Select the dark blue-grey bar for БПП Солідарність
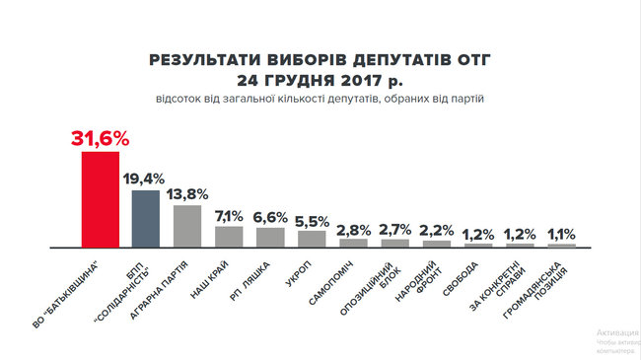pyautogui.click(x=146, y=217)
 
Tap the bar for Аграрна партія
pyautogui.click(x=187, y=225)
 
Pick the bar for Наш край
pyautogui.click(x=229, y=236)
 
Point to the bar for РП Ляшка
pyautogui.click(x=270, y=237)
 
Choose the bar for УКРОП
pyautogui.click(x=312, y=238)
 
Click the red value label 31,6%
pyautogui.click(x=101, y=137)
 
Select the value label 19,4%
pyautogui.click(x=146, y=179)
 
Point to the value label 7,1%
pyautogui.click(x=229, y=216)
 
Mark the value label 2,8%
pyautogui.click(x=353, y=230)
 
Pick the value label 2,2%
pyautogui.click(x=436, y=232)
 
